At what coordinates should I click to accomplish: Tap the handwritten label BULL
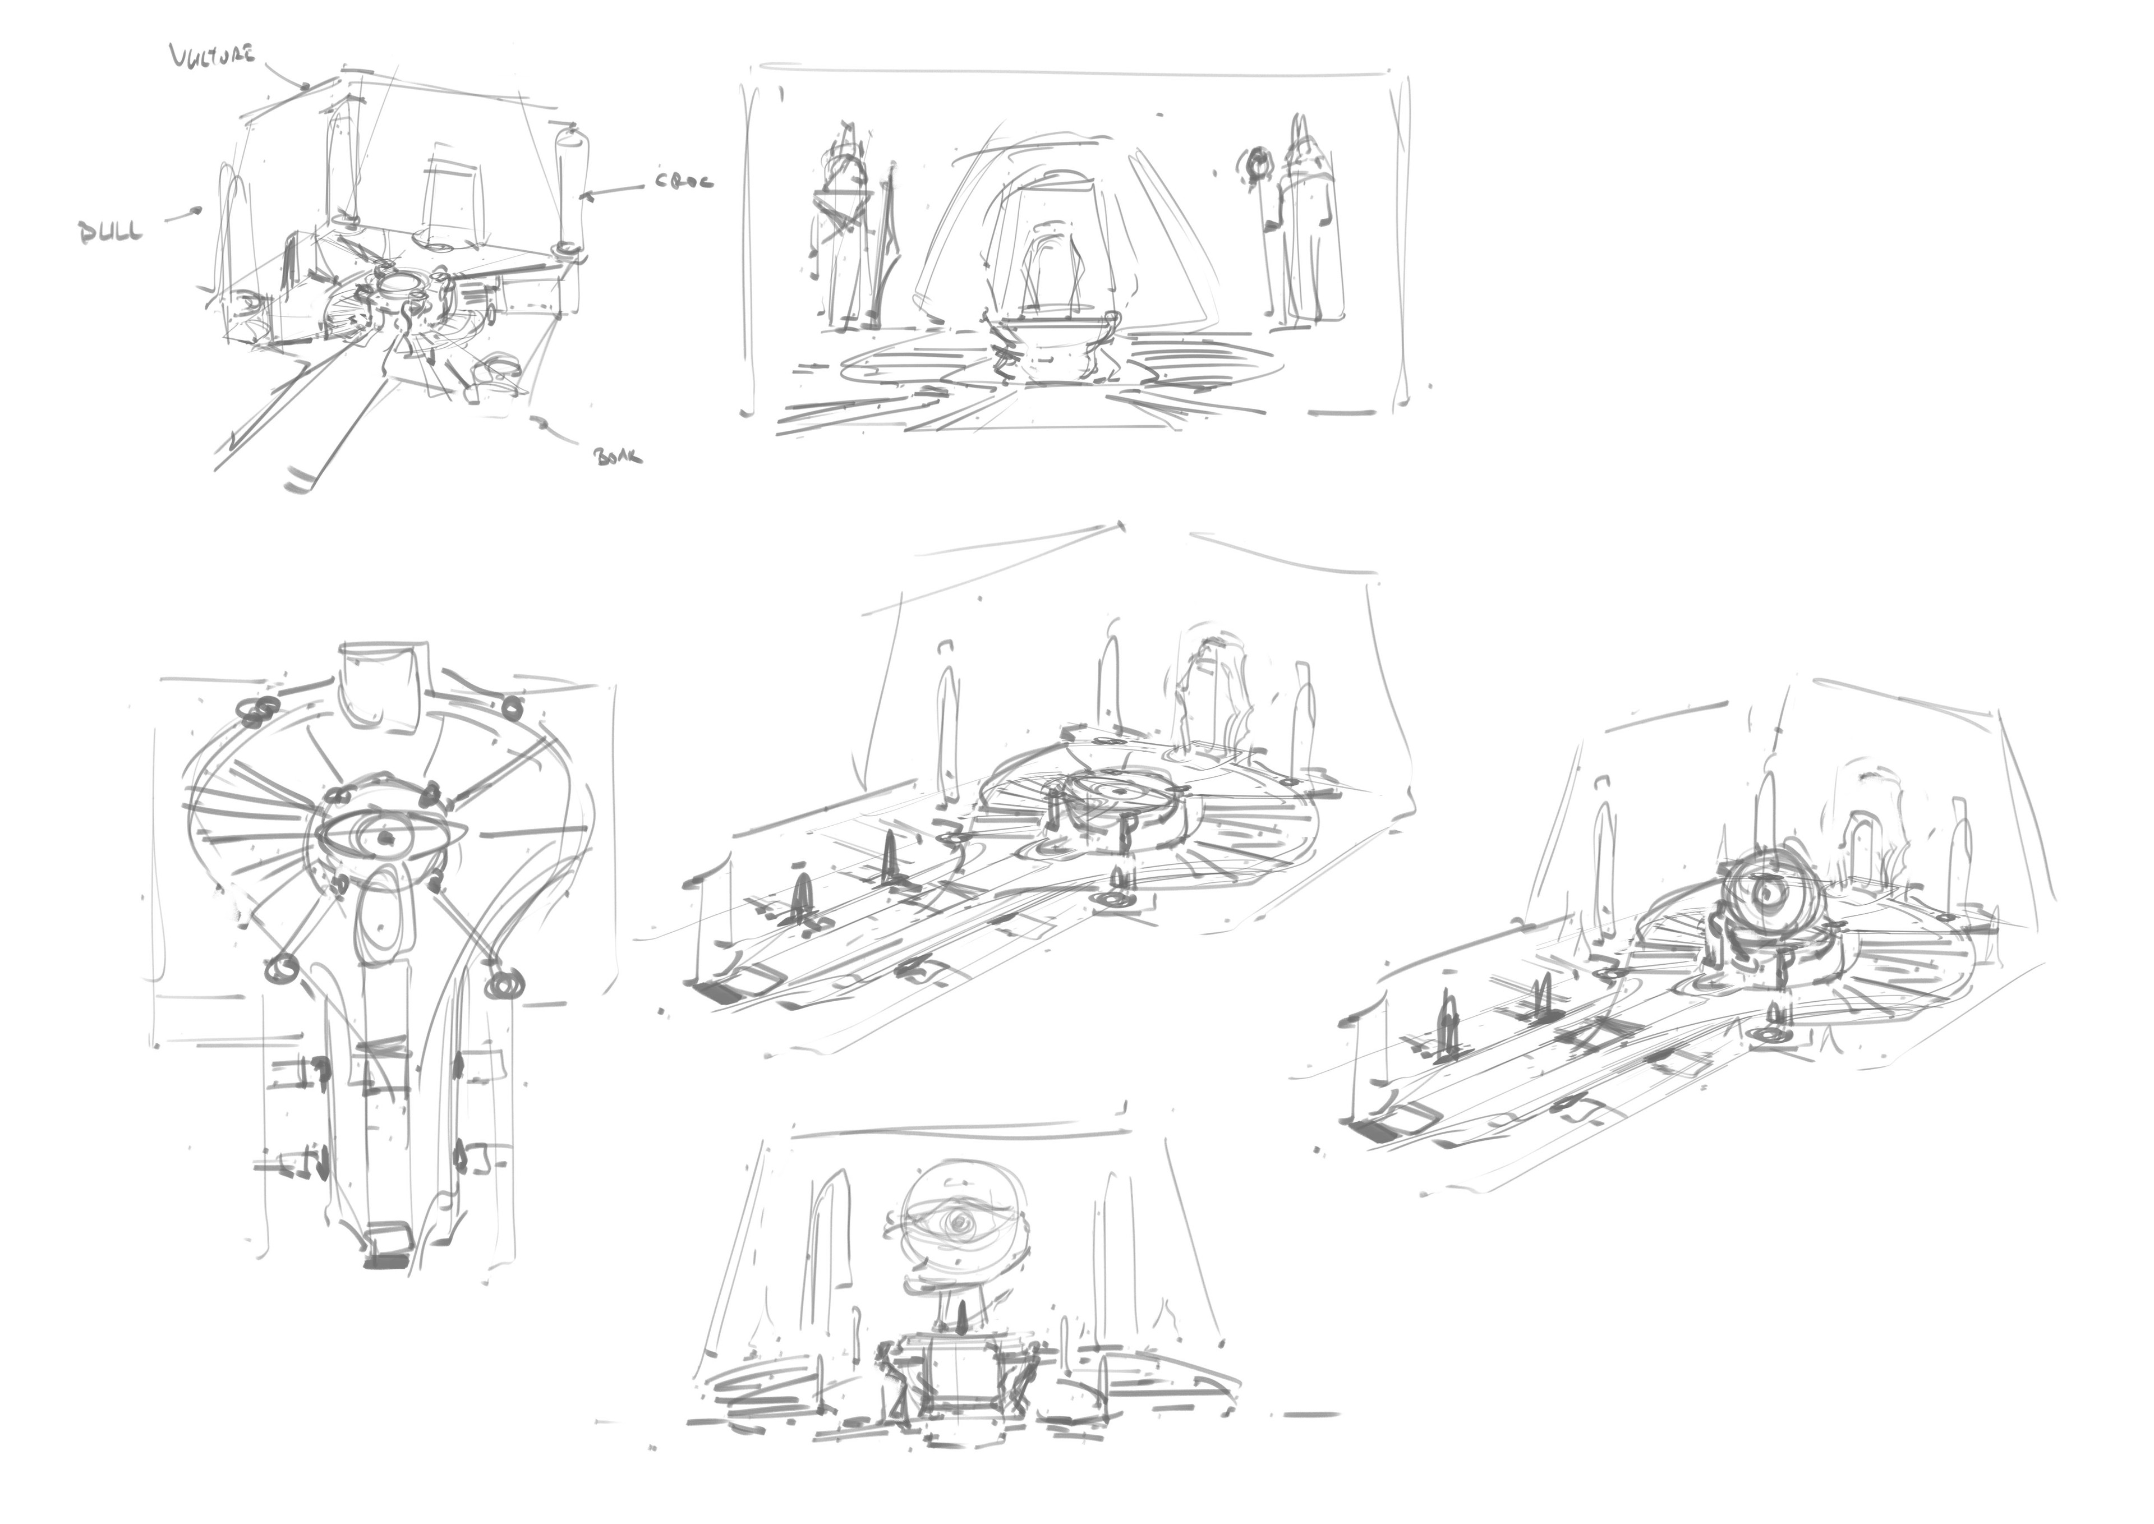(111, 232)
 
